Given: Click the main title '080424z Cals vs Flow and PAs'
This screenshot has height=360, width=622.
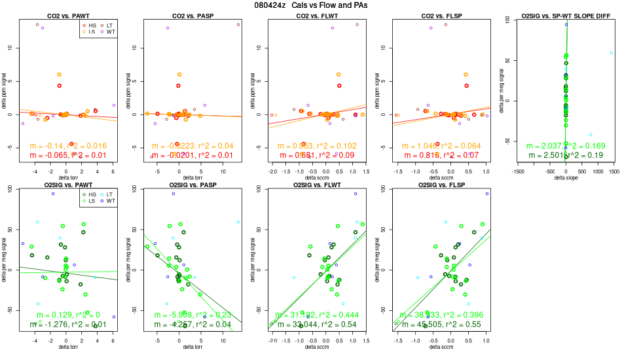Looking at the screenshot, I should [x=311, y=5].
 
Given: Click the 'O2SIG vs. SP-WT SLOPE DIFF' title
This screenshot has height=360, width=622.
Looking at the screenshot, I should [x=561, y=15].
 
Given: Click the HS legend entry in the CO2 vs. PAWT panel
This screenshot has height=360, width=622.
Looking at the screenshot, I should [x=89, y=25].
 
